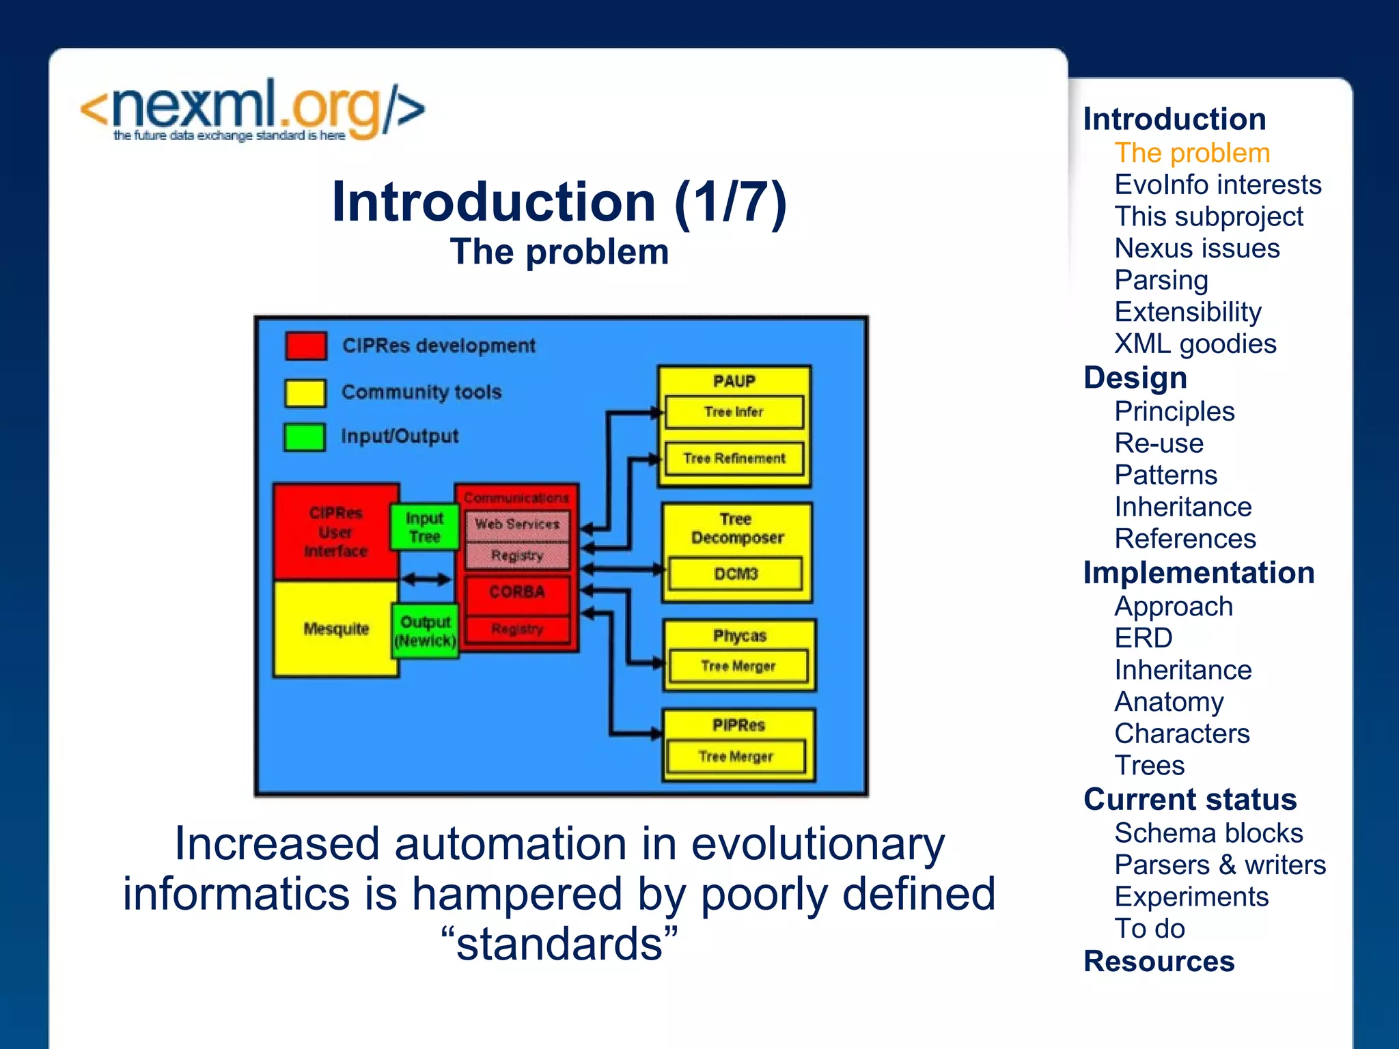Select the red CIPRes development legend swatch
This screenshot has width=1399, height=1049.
click(x=305, y=346)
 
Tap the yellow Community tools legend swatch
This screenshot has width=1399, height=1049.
click(x=305, y=393)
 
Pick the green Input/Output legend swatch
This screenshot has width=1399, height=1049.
click(x=305, y=437)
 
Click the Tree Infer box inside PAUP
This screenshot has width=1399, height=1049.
click(x=734, y=412)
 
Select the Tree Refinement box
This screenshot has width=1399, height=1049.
click(x=734, y=458)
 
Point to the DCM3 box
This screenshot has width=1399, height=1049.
click(x=736, y=574)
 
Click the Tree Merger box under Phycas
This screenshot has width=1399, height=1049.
click(x=738, y=666)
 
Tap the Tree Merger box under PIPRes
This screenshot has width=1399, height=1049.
click(x=736, y=757)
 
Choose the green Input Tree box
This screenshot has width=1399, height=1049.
click(x=424, y=527)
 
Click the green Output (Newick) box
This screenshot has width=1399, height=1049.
click(x=425, y=631)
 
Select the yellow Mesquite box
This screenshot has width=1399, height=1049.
click(x=335, y=628)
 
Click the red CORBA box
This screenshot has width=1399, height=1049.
click(x=517, y=593)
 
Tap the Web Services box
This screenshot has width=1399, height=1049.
click(x=517, y=524)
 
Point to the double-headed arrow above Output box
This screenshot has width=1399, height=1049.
click(x=426, y=580)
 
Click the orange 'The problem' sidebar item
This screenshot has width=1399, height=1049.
click(x=1192, y=153)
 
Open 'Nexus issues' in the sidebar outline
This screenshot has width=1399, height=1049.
click(x=1197, y=249)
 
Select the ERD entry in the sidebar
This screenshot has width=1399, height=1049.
click(x=1143, y=638)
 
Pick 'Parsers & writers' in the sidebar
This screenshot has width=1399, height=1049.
click(x=1219, y=865)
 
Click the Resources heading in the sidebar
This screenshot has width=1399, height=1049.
click(x=1159, y=962)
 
